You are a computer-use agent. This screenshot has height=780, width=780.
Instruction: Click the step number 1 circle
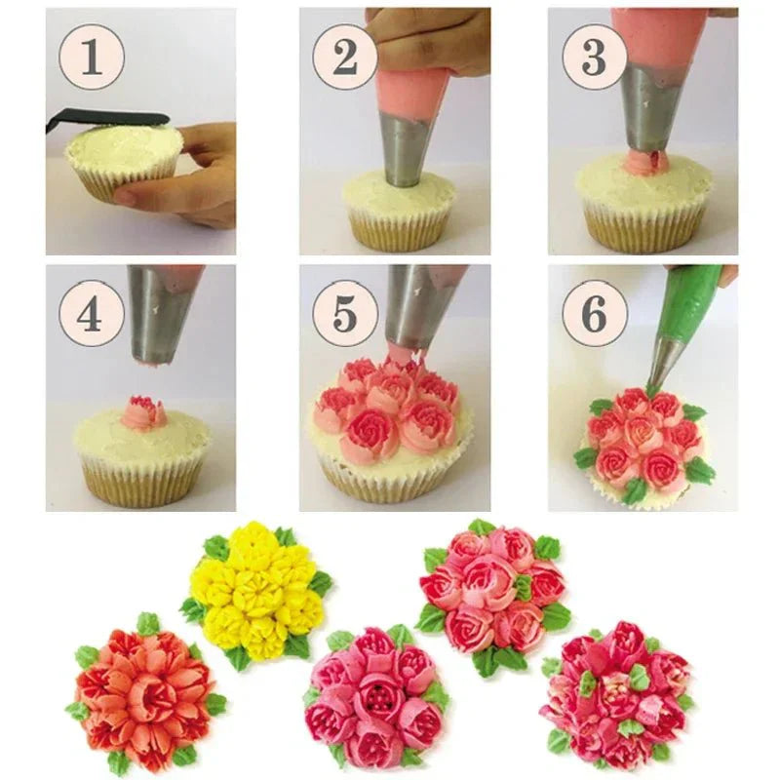click(x=92, y=58)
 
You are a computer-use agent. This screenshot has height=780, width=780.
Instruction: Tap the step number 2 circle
click(x=344, y=58)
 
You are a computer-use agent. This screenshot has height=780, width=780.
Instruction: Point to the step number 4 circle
click(x=92, y=313)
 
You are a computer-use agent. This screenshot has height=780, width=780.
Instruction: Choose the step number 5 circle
click(x=344, y=313)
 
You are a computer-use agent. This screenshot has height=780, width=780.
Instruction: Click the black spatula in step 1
click(x=107, y=119)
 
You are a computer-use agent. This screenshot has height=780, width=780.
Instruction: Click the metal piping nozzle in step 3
click(x=650, y=107)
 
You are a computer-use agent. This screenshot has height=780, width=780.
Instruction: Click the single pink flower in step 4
click(x=143, y=412)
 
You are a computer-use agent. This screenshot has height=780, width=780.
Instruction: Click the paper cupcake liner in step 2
click(x=400, y=230)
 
